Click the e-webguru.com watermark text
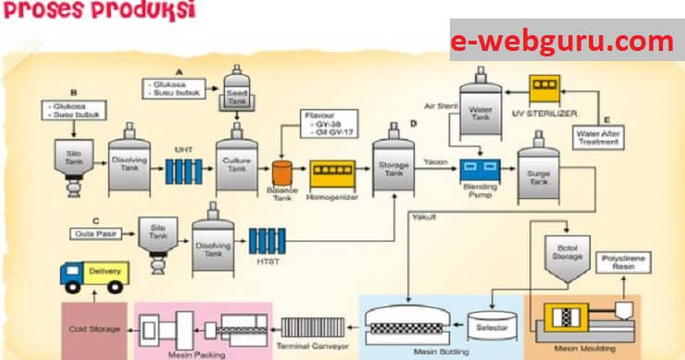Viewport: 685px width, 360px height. coord(562,42)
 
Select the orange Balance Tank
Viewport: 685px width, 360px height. coord(282,171)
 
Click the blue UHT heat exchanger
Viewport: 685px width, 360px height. coord(181,170)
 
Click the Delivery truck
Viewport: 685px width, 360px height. coord(93,275)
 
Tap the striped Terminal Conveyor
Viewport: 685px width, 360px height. coord(314,328)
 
